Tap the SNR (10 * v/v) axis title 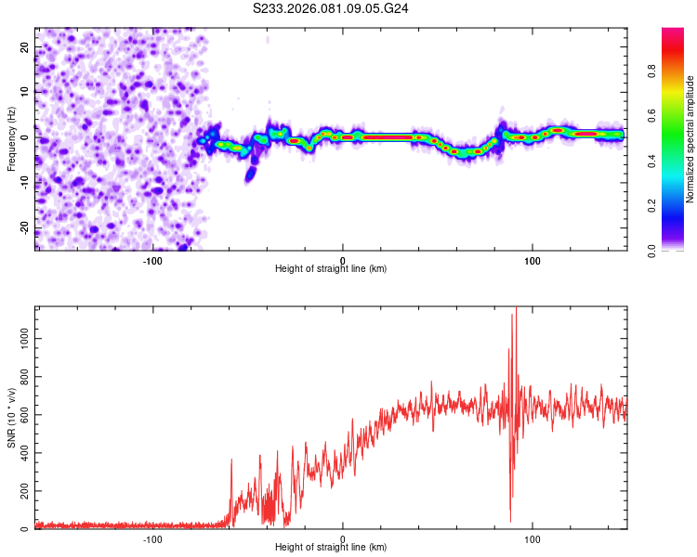pyautogui.click(x=11, y=422)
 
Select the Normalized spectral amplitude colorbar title pyautogui.click(x=690, y=139)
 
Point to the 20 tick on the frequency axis pyautogui.click(x=25, y=48)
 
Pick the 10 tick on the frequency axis pyautogui.click(x=25, y=92)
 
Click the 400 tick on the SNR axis pyautogui.click(x=22, y=453)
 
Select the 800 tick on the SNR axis pyautogui.click(x=22, y=377)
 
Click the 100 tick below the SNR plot pyautogui.click(x=533, y=538)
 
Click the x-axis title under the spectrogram pyautogui.click(x=331, y=268)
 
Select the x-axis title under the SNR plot pyautogui.click(x=331, y=549)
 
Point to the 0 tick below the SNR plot pyautogui.click(x=343, y=538)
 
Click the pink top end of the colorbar pyautogui.click(x=673, y=33)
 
